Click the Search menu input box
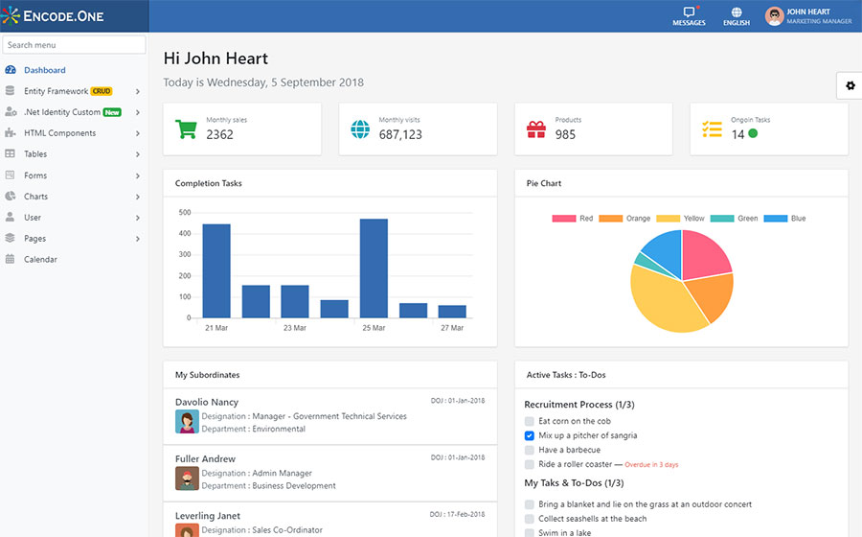75,45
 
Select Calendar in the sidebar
40,259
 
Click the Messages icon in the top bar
689,13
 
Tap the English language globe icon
737,13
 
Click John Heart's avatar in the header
774,16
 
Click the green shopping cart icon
186,128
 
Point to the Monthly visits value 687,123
400,135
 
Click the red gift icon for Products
536,128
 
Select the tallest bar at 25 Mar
374,268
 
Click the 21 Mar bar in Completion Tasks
216,270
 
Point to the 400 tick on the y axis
183,233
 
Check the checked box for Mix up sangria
530,435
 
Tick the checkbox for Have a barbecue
530,450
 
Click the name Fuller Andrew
205,458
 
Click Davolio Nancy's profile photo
187,422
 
